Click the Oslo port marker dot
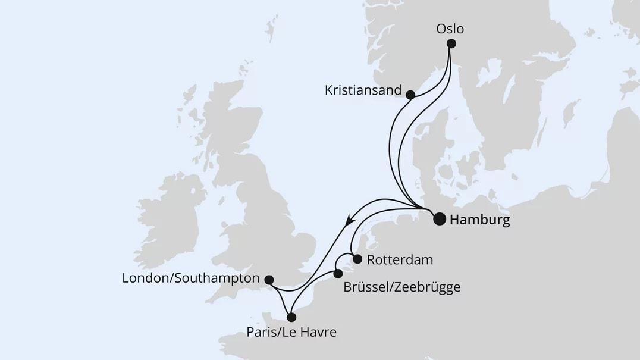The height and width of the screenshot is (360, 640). click(x=451, y=43)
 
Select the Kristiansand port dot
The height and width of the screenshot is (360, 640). click(x=410, y=94)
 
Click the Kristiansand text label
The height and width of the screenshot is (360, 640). click(x=363, y=91)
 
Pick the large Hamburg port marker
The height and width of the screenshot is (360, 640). click(x=439, y=219)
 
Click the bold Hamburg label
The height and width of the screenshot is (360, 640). click(x=480, y=221)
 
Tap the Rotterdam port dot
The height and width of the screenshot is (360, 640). click(x=357, y=259)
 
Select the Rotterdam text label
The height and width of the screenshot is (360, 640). click(x=400, y=260)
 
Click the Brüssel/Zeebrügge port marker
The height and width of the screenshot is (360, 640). click(x=338, y=274)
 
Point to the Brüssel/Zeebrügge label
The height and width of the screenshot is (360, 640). click(x=401, y=287)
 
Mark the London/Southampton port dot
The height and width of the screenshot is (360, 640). click(x=269, y=280)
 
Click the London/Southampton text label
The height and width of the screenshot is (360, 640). click(x=190, y=278)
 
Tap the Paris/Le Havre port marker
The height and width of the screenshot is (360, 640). click(x=291, y=317)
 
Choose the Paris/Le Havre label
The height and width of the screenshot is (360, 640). click(x=291, y=332)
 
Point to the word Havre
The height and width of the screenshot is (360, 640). click(x=318, y=332)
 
